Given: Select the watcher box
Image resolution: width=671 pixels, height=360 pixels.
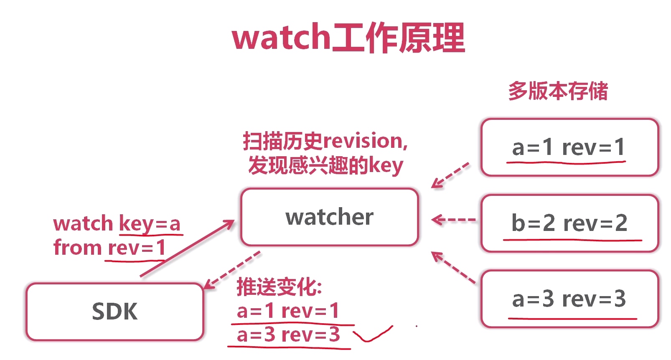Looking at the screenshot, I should tap(329, 217).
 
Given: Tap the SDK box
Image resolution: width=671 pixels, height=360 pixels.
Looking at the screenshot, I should tap(114, 312).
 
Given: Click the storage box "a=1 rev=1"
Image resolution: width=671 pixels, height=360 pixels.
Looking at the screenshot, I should tap(569, 147).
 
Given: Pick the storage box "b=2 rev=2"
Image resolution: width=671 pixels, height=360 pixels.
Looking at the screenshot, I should tap(569, 223).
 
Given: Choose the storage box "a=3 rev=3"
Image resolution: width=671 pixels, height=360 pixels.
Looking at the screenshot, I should tap(569, 299).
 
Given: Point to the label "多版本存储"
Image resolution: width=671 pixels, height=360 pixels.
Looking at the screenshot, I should tap(558, 91).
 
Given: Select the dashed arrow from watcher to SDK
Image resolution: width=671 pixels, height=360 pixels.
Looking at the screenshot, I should tap(232, 270).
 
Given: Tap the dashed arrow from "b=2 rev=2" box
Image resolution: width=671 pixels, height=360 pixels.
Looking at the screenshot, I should tap(453, 220).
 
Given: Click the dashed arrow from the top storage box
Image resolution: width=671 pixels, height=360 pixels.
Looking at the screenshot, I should tap(450, 175).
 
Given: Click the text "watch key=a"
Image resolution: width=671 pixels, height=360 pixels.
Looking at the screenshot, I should tap(117, 223).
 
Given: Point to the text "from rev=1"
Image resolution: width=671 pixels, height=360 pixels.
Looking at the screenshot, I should tap(109, 248).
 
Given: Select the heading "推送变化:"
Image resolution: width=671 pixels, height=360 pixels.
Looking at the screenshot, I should tap(279, 287).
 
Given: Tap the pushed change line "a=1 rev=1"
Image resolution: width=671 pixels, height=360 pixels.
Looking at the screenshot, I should tap(288, 311).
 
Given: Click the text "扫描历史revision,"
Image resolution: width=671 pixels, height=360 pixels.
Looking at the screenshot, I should tap(325, 141).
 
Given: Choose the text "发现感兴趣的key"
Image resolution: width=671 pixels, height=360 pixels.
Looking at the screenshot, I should tap(325, 165).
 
